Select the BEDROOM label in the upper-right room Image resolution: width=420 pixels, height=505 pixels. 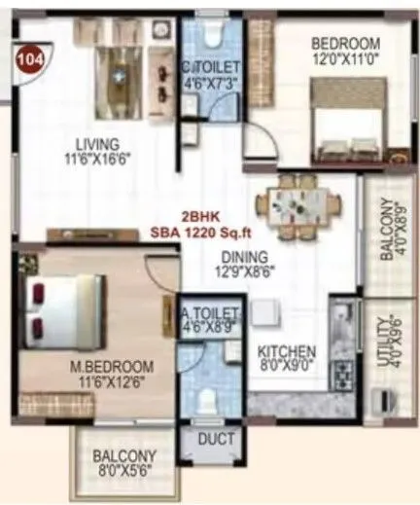pos(344,44)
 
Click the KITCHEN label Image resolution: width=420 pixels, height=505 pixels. pos(287,351)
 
